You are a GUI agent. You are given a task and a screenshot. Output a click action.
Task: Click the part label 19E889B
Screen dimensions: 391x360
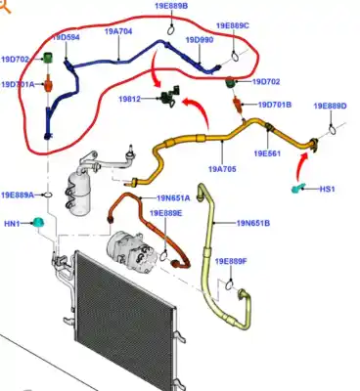point(170,6)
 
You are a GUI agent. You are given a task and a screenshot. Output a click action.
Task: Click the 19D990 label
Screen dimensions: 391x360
point(199,40)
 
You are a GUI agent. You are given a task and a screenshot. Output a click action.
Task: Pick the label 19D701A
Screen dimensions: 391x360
point(18,85)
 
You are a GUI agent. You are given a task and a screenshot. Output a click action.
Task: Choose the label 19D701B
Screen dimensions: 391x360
point(276,104)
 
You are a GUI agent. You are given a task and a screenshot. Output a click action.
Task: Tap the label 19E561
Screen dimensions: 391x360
point(268,153)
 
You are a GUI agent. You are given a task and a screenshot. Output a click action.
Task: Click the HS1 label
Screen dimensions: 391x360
point(328,188)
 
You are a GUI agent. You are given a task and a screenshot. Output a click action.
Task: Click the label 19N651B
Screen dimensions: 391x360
point(253,224)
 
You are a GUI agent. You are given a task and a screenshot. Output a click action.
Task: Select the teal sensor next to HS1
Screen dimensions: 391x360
point(299,186)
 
